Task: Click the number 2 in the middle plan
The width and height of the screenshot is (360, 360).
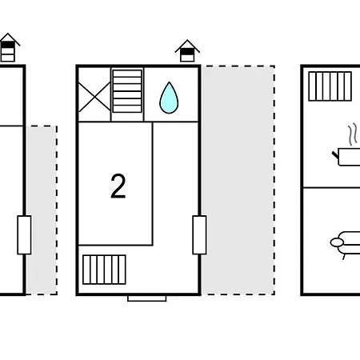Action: [118, 186]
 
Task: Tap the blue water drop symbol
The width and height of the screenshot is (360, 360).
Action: [169, 98]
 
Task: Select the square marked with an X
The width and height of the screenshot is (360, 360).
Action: [94, 98]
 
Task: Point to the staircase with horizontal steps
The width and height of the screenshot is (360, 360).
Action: [127, 91]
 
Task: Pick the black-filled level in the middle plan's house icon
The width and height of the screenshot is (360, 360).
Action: [187, 51]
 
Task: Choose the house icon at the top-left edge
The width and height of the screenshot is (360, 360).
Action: [8, 47]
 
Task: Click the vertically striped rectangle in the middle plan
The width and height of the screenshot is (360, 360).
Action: [104, 270]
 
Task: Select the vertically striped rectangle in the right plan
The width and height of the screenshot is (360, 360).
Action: [330, 86]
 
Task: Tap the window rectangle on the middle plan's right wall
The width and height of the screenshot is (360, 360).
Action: [199, 235]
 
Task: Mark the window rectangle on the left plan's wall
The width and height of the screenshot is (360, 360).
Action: [24, 235]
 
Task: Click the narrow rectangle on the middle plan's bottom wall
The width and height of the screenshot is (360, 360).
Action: [147, 298]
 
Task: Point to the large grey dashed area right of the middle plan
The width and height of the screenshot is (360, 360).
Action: [238, 180]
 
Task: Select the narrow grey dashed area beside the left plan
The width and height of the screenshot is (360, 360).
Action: [42, 210]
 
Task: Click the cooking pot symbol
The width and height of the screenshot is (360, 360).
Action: [348, 157]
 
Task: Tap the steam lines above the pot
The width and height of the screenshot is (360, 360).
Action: [353, 134]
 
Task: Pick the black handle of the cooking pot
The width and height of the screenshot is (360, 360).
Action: [335, 154]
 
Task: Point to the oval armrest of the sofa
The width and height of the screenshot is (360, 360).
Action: [337, 242]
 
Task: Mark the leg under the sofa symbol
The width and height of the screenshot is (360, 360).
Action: [344, 257]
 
